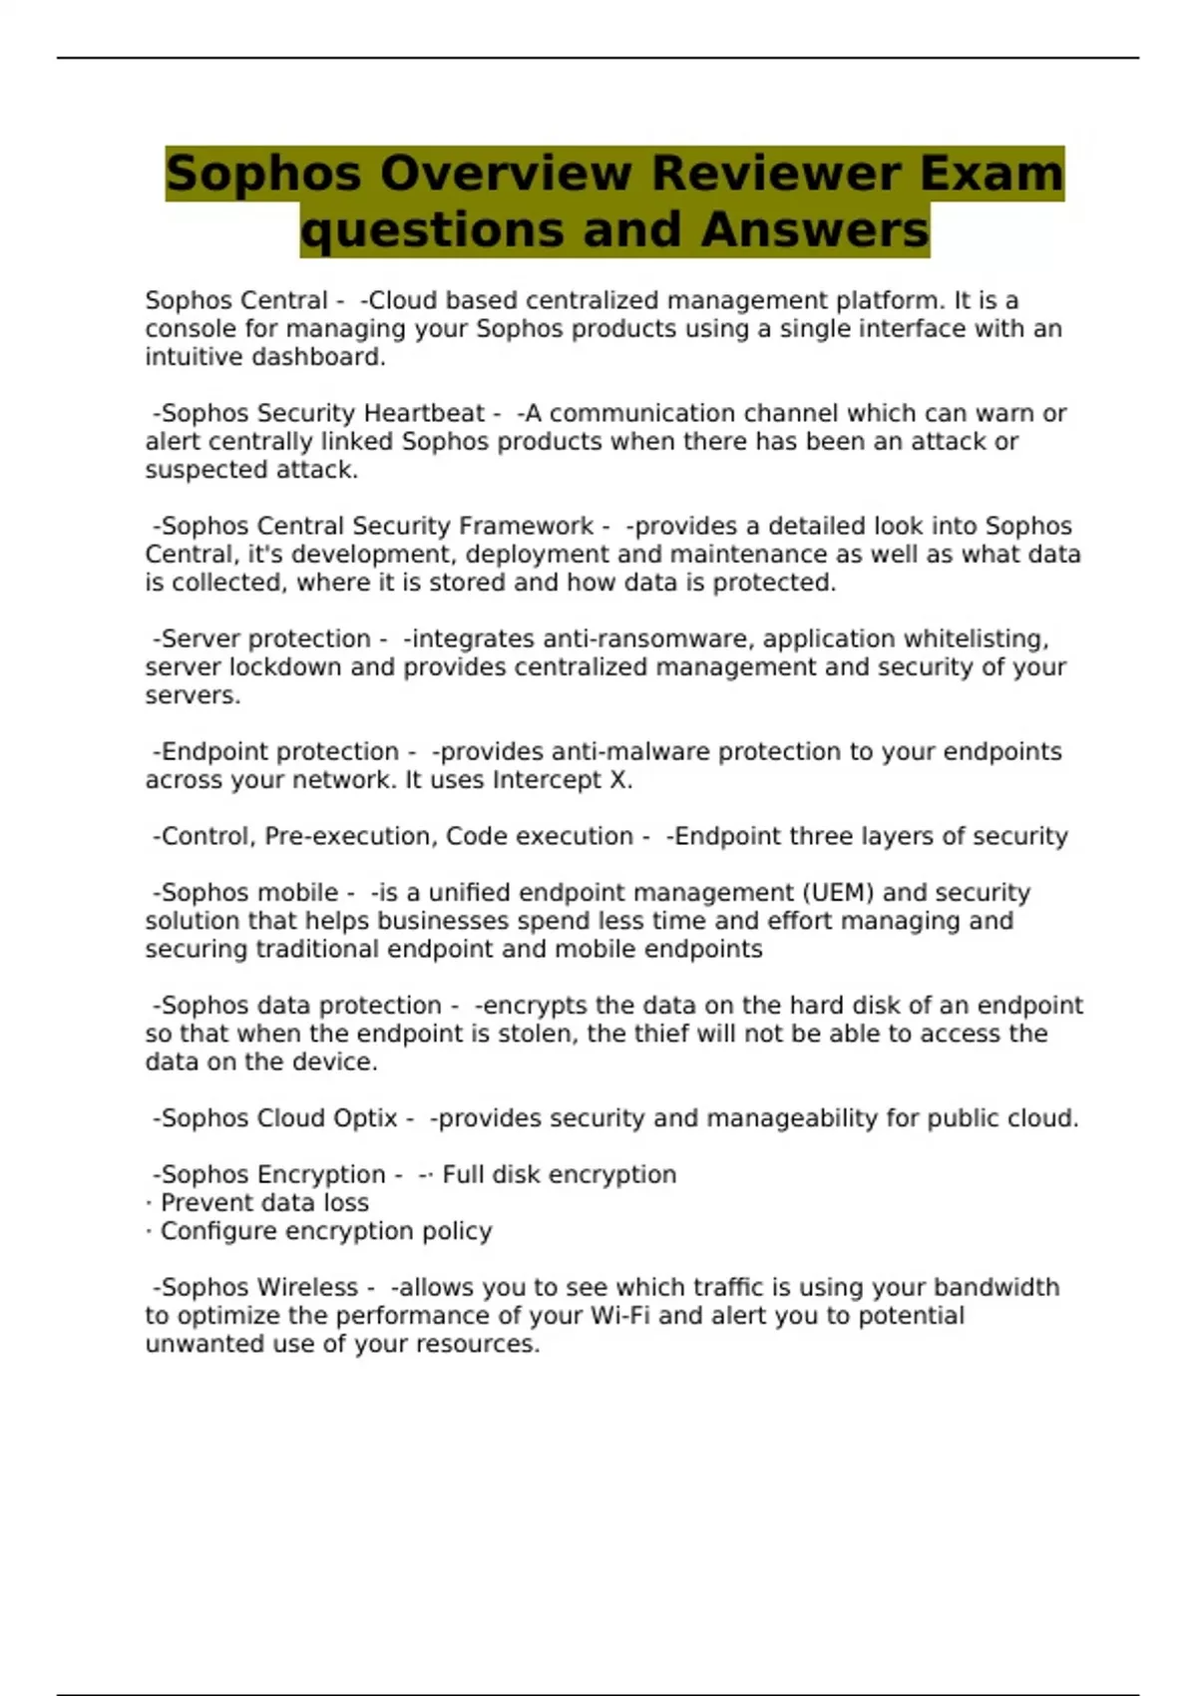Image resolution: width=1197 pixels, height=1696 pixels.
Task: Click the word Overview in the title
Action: pos(505,173)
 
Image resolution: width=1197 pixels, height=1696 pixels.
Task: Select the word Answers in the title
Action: pos(814,229)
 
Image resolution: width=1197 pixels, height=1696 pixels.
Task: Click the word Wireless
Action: pos(307,1287)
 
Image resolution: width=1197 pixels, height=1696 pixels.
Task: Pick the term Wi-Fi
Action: pos(619,1316)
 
